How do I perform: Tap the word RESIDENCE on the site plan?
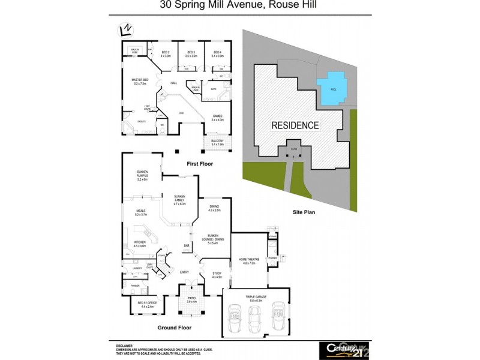point(295,125)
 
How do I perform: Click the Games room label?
point(217,118)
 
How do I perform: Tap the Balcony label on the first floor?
point(217,143)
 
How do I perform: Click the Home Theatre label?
point(248,261)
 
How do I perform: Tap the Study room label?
point(217,275)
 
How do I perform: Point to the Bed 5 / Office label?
point(147,304)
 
